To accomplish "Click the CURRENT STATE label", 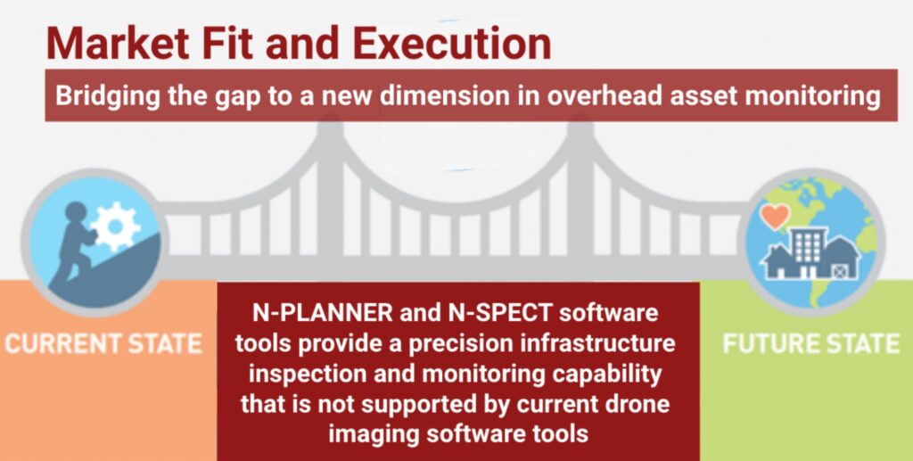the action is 103,343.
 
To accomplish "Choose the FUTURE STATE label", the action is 811,343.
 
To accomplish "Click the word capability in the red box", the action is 606,375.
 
